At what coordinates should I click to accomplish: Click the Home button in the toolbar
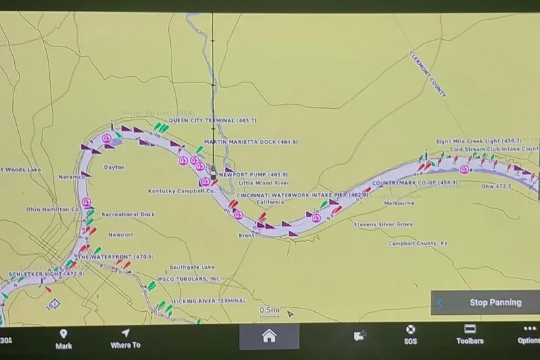[269, 336]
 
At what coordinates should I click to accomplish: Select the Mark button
[63, 338]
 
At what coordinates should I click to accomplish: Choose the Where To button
[126, 338]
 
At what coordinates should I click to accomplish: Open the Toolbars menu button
[470, 334]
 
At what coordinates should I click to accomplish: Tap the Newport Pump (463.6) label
[253, 174]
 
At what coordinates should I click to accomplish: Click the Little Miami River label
[264, 183]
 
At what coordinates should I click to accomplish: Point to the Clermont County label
[427, 74]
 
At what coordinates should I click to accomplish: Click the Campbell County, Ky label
[417, 243]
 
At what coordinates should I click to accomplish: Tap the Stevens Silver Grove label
[383, 224]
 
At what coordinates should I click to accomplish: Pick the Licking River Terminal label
[209, 301]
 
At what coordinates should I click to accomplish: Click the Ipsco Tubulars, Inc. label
[189, 279]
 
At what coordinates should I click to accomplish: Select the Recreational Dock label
[128, 214]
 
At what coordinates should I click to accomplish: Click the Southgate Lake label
[192, 267]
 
